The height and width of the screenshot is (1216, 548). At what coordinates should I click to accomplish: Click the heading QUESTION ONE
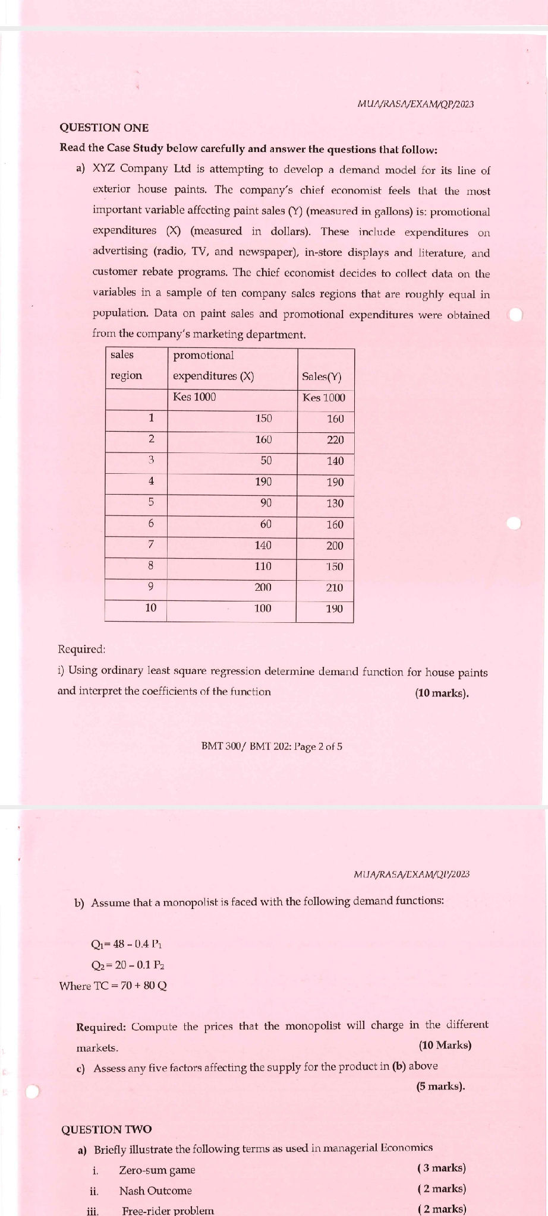coord(105,128)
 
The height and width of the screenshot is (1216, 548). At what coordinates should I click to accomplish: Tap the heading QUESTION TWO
coord(106,1129)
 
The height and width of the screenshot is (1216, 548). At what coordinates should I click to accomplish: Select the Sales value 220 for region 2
coord(335,440)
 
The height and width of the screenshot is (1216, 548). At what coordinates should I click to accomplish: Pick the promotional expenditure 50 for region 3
coord(266,461)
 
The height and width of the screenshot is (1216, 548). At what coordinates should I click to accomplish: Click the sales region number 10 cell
coord(151,607)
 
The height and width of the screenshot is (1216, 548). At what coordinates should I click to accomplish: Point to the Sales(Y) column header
coord(322,376)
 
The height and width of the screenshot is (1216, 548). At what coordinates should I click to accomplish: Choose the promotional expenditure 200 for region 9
coord(263,587)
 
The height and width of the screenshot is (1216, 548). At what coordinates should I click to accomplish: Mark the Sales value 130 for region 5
coord(335,503)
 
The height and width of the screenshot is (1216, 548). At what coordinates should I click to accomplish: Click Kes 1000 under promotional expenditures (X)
coord(194,397)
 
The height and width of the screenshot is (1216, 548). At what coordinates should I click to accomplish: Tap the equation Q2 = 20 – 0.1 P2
coord(124,965)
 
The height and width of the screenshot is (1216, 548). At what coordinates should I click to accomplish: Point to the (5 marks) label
coord(440,1086)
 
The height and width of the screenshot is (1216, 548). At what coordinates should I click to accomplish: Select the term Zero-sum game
coord(157,1170)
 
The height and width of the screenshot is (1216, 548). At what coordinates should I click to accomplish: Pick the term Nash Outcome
coord(155,1190)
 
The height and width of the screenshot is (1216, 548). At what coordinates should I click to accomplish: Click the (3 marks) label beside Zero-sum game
coord(442,1168)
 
